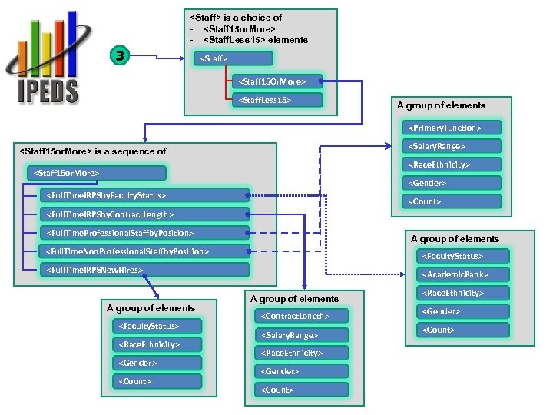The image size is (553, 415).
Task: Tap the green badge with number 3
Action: pyautogui.click(x=120, y=55)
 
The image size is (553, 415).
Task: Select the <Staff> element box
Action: pyautogui.click(x=231, y=58)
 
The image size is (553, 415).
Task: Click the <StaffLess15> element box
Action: pyautogui.click(x=277, y=100)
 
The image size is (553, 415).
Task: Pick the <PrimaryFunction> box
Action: pyautogui.click(x=445, y=128)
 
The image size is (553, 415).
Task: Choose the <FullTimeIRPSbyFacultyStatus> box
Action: pyautogui.click(x=144, y=196)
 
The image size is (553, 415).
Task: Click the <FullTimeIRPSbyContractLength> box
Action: pyautogui.click(x=144, y=214)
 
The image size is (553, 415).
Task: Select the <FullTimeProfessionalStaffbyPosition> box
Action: pyautogui.click(x=144, y=233)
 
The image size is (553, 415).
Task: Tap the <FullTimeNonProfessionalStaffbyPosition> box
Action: pyautogui.click(x=144, y=251)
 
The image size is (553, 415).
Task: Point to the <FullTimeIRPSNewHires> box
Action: pyautogui.click(x=144, y=270)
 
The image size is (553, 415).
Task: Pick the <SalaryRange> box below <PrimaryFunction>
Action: pyautogui.click(x=445, y=146)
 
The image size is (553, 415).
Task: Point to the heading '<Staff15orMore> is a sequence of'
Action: pyautogui.click(x=92, y=151)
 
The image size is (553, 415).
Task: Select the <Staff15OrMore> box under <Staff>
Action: pyautogui.click(x=277, y=81)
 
